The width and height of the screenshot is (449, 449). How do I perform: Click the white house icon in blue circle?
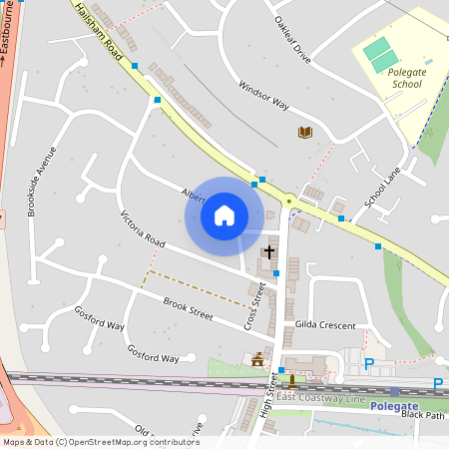(224, 215)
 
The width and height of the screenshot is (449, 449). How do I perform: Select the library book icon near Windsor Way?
(305, 132)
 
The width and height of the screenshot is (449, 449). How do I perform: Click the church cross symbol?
(268, 252)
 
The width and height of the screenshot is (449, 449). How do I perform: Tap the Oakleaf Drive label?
(291, 40)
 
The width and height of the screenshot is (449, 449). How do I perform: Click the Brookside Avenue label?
(41, 185)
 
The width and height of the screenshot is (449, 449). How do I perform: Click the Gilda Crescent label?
(325, 325)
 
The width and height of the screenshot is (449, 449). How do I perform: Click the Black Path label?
(423, 416)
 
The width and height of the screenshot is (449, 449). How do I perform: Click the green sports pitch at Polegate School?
(381, 54)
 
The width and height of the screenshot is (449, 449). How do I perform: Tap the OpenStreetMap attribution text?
(101, 441)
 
